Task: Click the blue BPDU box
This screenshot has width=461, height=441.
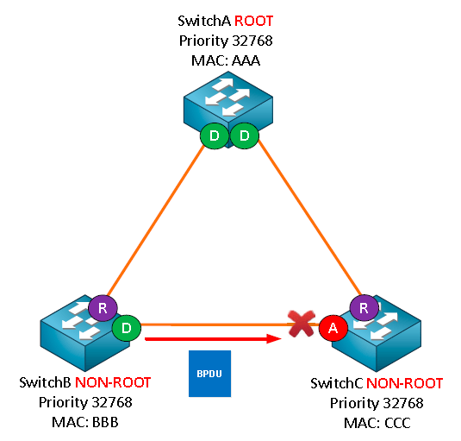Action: [x=209, y=374]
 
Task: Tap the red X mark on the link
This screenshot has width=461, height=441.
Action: [x=302, y=324]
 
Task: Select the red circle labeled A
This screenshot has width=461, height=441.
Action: [x=333, y=328]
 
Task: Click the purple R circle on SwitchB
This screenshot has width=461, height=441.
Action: [x=103, y=308]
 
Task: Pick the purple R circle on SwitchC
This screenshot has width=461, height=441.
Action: [x=364, y=308]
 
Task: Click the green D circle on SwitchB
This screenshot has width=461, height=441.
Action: [x=127, y=328]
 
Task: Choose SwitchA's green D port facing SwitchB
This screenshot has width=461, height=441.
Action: [x=215, y=135]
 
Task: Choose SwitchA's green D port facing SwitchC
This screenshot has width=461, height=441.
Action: [x=245, y=135]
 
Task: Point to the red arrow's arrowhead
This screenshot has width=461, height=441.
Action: [x=274, y=338]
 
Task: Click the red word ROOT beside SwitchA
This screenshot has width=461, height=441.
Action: [x=253, y=22]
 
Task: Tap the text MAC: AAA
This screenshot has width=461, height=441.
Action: [x=226, y=60]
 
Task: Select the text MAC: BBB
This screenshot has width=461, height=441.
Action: [x=85, y=422]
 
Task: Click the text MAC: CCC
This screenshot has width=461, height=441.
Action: [x=377, y=423]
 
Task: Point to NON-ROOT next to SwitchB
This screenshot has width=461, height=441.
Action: [x=113, y=382]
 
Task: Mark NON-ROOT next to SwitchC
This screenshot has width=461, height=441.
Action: [x=404, y=383]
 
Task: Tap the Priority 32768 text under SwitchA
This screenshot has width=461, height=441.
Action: [x=226, y=41]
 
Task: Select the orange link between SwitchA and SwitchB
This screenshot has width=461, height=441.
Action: [x=156, y=221]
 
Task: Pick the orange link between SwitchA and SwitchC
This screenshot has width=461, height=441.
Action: [x=310, y=217]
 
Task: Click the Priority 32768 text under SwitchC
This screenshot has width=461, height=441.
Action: [x=377, y=403]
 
